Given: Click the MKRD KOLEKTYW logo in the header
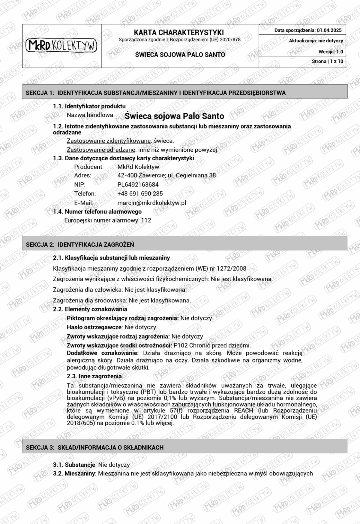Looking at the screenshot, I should (61, 45).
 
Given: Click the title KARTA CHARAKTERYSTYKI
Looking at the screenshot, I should (179, 32).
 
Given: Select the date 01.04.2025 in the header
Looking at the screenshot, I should (329, 30).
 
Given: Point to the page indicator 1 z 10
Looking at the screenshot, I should (337, 61).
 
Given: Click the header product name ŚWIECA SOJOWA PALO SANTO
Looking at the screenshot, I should (180, 55).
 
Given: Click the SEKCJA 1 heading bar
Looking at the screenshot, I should (185, 92).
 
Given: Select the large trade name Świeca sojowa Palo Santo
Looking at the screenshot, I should (174, 116).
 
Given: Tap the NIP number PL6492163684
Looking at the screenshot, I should (138, 184).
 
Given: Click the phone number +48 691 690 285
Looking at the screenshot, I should (140, 193).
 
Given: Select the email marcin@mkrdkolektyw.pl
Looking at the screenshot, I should (151, 203).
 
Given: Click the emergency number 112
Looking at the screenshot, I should (146, 220).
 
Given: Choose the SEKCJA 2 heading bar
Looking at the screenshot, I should (185, 244).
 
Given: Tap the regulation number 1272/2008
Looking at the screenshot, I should (231, 268).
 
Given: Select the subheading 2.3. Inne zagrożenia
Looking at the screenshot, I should (94, 376).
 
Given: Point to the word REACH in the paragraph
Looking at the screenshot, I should (244, 410).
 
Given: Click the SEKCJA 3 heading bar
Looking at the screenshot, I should (185, 447).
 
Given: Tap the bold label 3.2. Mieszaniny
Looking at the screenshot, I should (74, 474).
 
